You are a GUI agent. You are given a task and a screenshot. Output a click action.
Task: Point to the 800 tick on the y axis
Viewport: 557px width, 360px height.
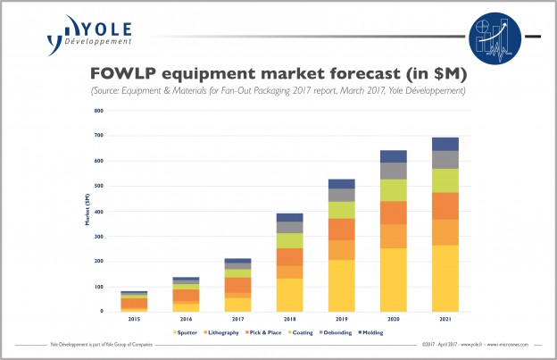coord(99,111)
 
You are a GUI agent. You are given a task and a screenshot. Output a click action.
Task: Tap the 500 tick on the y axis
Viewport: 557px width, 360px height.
coord(99,186)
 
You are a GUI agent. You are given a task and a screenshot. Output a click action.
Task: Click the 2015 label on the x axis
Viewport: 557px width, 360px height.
coord(135,319)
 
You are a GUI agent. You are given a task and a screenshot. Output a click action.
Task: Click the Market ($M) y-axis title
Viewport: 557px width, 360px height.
coord(87,210)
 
